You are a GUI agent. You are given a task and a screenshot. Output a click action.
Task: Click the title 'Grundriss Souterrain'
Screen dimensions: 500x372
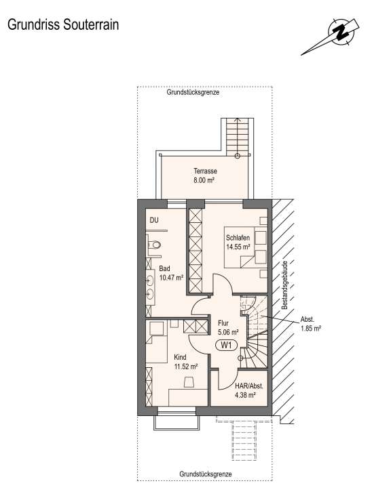63,25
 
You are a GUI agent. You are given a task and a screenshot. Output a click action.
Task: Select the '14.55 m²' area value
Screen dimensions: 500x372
238,247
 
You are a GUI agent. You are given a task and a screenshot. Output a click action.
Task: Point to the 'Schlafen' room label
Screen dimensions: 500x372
239,238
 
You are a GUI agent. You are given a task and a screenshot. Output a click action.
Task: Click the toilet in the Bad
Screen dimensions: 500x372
154,245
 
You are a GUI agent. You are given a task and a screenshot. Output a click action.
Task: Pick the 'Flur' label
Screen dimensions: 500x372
223,323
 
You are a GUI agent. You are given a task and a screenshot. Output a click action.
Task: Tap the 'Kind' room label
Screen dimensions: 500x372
180,356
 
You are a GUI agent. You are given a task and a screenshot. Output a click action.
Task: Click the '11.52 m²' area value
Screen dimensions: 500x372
185,366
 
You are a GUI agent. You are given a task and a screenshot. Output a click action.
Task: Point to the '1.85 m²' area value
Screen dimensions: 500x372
310,329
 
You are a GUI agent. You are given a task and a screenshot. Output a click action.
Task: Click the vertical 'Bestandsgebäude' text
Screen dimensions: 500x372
286,285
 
